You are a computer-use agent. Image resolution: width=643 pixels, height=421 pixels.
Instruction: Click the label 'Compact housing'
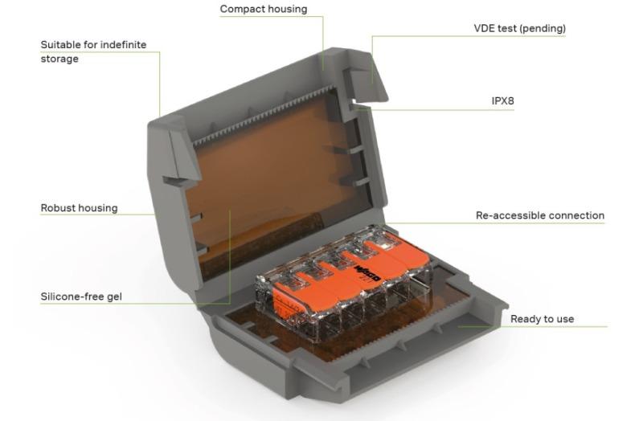pos(263,10)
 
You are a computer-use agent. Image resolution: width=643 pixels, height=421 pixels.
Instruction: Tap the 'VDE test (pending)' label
pos(519,29)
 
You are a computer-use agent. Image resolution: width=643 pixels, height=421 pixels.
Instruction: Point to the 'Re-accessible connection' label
pos(539,215)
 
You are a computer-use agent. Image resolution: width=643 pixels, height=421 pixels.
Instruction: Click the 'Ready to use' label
pos(542,319)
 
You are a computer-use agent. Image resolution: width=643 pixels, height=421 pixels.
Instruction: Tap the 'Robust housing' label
pos(79,208)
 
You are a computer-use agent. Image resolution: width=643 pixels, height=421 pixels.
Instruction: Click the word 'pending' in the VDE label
pos(543,29)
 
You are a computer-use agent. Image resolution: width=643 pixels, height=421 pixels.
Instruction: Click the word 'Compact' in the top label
pos(242,10)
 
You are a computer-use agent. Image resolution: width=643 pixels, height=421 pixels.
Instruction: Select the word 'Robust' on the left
pos(58,208)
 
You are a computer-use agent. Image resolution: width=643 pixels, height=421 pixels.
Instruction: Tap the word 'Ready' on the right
pos(526,319)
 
